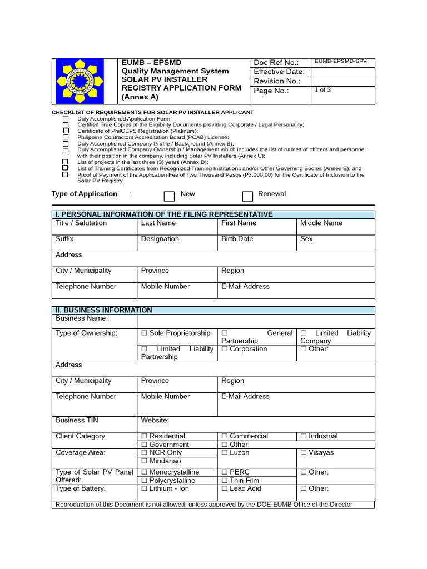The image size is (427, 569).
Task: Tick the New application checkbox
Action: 170,196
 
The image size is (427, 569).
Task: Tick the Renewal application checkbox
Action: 247,196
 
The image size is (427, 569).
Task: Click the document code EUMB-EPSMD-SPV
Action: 340,62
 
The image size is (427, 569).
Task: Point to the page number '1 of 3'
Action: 322,90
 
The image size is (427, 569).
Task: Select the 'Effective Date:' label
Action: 279,72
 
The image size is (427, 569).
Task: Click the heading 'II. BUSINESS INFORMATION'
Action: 104,310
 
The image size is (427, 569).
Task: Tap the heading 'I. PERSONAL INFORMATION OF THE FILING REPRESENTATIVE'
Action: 164,214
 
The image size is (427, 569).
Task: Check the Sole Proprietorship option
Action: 145,333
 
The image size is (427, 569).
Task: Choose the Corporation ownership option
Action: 225,350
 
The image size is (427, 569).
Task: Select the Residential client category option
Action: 145,437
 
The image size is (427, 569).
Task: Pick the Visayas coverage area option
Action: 304,453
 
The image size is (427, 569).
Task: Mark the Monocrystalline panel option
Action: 145,472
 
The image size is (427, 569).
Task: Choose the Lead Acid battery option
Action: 225,489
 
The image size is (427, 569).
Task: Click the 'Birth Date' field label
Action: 237,239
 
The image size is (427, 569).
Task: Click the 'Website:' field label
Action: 155,421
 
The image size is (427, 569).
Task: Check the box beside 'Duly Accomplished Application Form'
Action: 66,119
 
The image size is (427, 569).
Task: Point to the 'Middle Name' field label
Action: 321,223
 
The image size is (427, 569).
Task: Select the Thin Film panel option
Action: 225,481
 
